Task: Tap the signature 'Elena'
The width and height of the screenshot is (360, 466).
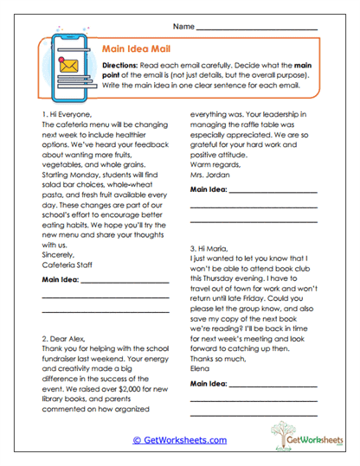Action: tap(200, 390)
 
